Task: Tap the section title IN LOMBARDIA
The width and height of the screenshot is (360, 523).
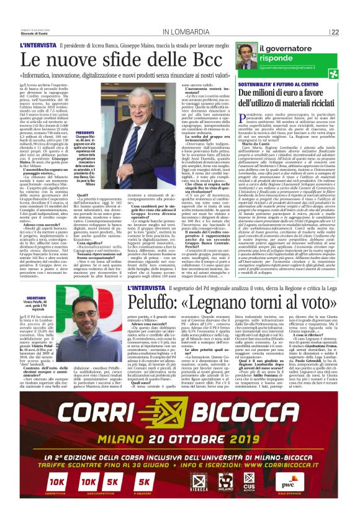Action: click(x=186, y=32)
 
